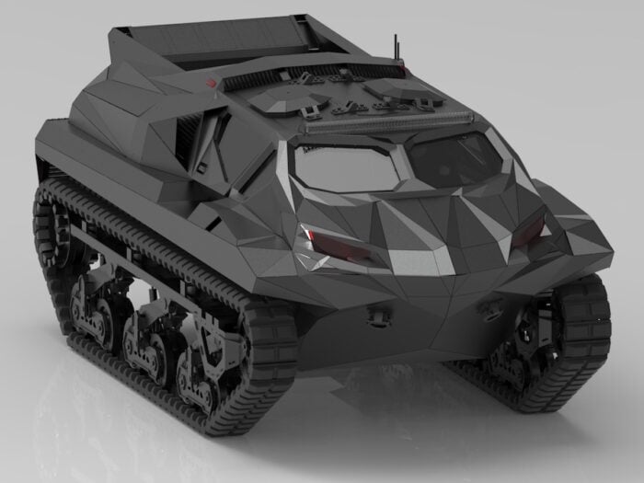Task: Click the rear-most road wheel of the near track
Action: (87, 304)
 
